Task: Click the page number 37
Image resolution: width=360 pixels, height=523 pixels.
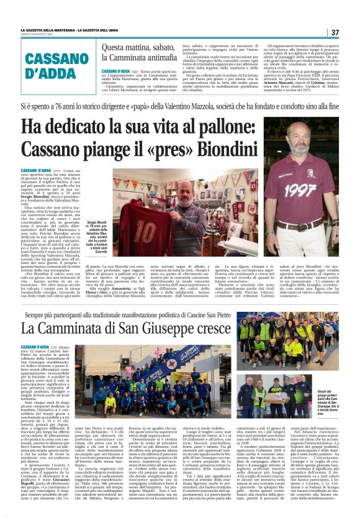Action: pos(335,32)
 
